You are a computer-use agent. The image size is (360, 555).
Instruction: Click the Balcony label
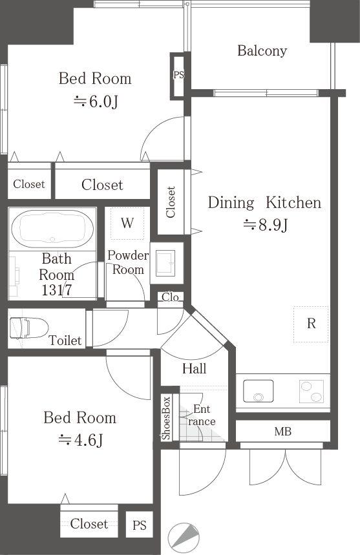[262, 51]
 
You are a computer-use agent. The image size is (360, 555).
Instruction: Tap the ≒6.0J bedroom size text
[95, 101]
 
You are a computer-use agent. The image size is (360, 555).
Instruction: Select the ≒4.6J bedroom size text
[80, 440]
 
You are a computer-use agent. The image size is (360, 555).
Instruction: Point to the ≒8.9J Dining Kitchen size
[264, 225]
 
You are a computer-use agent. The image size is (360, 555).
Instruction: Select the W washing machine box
[127, 224]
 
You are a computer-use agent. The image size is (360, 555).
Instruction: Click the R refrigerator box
[311, 324]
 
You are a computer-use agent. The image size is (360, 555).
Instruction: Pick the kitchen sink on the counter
[258, 391]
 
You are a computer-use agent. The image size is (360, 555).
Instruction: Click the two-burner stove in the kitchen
[313, 391]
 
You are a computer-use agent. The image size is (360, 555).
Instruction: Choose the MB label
[282, 430]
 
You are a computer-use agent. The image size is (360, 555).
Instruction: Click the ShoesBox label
[167, 419]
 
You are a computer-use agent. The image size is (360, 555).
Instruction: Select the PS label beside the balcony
[178, 75]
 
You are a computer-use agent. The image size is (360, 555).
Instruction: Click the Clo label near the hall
[171, 297]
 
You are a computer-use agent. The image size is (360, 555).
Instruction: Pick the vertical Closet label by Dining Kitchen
[171, 202]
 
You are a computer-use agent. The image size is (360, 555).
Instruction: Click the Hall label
[194, 369]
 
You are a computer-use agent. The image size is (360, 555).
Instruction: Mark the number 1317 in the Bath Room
[57, 290]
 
